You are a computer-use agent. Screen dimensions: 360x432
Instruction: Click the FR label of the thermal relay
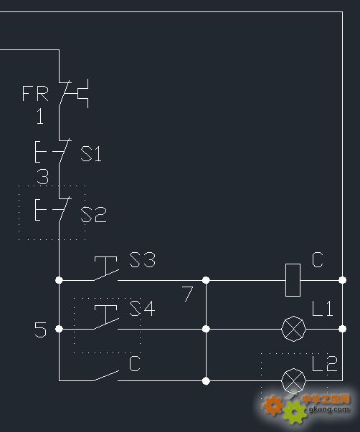tap(35, 93)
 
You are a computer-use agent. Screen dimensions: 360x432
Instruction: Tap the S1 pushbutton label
tap(91, 153)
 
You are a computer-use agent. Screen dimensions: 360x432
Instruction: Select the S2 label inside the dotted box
tap(93, 215)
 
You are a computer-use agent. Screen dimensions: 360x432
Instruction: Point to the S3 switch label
tap(142, 259)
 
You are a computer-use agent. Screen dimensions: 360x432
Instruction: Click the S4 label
tap(142, 308)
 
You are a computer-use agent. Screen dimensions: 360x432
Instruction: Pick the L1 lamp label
tap(323, 308)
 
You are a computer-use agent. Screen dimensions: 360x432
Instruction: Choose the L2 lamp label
tap(325, 363)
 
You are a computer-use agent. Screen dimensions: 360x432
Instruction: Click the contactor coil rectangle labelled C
tap(293, 280)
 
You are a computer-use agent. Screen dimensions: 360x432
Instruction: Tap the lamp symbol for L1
tap(293, 329)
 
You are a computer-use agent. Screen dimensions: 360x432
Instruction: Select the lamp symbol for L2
tap(293, 380)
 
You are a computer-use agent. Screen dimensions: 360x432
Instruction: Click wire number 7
tap(187, 294)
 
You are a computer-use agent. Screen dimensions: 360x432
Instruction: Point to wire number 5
tap(40, 330)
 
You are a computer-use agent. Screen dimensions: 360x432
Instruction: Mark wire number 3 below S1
tap(43, 176)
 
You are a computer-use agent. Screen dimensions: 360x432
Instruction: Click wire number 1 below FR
tap(40, 116)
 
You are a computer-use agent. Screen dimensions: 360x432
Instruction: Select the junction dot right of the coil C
tap(342, 280)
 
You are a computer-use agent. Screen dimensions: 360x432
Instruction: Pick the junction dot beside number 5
tap(59, 329)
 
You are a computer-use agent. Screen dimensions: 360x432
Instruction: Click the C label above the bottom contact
tap(135, 363)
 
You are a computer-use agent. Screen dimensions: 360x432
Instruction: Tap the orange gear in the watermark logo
tap(273, 405)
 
